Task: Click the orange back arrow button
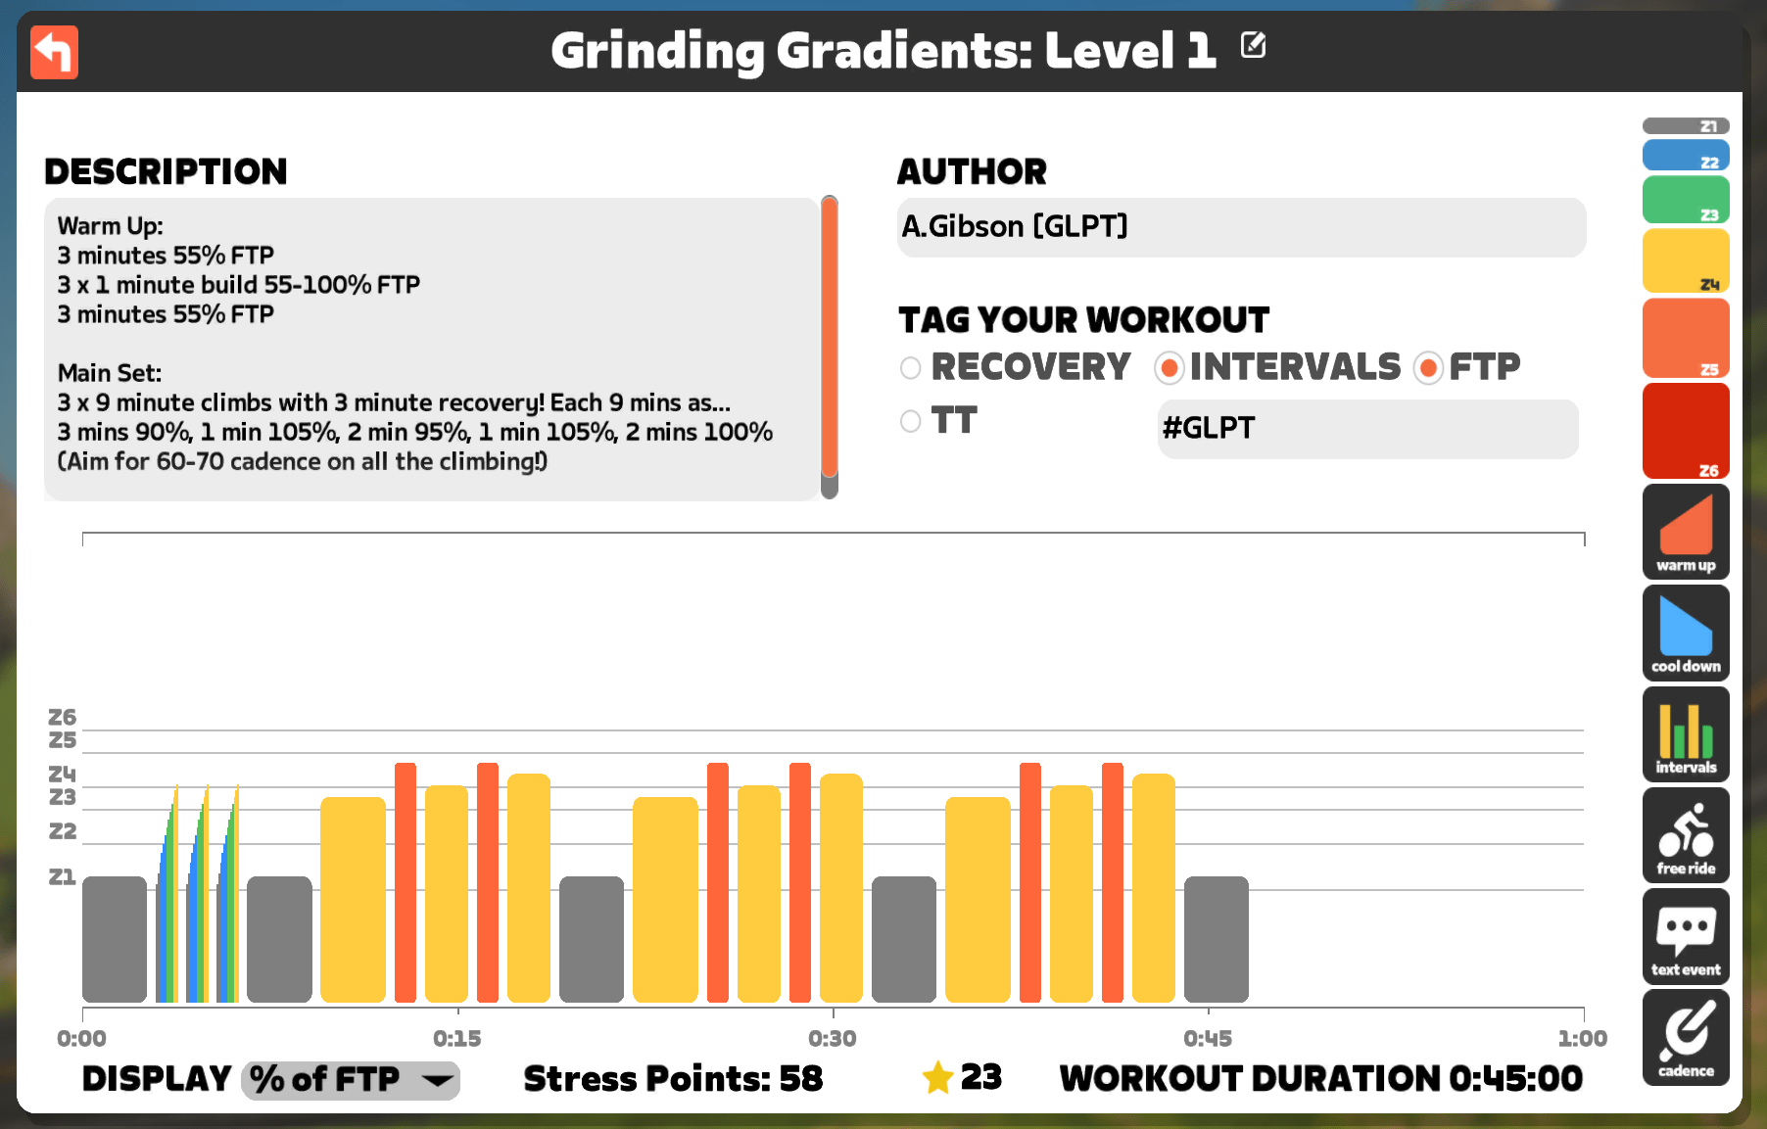(54, 52)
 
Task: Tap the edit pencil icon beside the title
(1253, 45)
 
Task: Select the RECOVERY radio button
(911, 367)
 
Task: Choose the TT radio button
(911, 421)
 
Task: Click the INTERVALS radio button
(1169, 367)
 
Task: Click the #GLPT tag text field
(1367, 428)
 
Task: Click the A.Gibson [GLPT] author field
(1241, 227)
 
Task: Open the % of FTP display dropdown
(351, 1079)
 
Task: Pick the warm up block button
(1686, 532)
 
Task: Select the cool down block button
(1686, 633)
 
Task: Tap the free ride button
(1686, 835)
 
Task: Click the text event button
(1686, 936)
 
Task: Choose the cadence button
(1686, 1037)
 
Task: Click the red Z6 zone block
(1686, 431)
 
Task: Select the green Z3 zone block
(1686, 200)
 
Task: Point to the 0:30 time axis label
(833, 1038)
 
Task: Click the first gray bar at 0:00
(115, 939)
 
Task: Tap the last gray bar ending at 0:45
(1217, 939)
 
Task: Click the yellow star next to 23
(937, 1078)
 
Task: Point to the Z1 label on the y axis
(62, 876)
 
